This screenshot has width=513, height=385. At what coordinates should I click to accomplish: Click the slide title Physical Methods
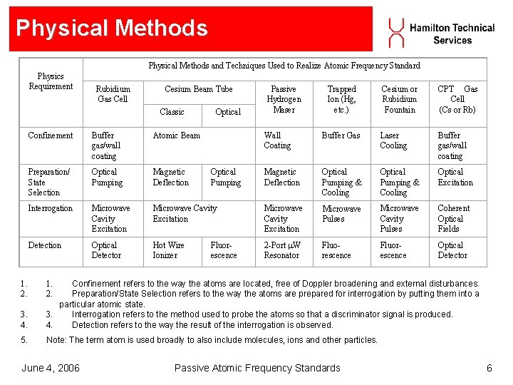coord(112,28)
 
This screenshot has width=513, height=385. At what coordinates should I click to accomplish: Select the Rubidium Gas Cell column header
coord(113,94)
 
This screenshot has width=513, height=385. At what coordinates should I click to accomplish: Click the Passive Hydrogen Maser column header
coord(284,99)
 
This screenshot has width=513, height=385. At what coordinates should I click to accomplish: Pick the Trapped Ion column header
coord(341,99)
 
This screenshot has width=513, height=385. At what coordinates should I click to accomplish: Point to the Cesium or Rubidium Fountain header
coord(400,99)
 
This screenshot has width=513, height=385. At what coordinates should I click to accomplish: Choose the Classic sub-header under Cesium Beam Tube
coord(172,112)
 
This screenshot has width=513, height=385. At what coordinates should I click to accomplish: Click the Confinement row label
coord(51,135)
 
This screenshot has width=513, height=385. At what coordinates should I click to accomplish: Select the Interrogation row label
coord(51,208)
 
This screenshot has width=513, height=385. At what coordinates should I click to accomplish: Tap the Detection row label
coord(45,245)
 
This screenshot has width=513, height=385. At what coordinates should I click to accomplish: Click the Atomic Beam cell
coord(177,135)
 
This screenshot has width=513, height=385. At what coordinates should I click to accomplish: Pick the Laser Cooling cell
coord(393,140)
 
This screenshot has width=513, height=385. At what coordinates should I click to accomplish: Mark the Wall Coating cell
coord(277,140)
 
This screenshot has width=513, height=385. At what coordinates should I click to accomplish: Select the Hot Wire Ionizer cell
coord(169,250)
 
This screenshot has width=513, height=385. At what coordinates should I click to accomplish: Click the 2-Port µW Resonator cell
coord(282,250)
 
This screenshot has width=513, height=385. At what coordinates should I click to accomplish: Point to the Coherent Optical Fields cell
coord(453,218)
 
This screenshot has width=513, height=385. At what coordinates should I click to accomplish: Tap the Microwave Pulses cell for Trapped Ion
coord(341,214)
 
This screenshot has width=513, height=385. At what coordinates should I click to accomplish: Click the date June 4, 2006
coord(51,368)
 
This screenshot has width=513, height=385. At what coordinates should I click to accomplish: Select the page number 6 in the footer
coord(489,368)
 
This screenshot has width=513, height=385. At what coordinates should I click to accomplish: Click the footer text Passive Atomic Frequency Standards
coord(257,368)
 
